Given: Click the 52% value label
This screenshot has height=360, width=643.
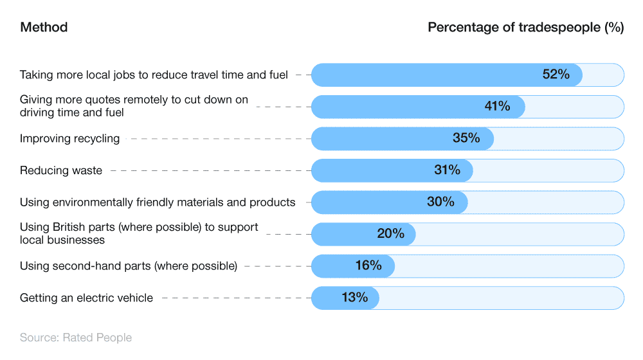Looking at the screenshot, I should coord(556,75).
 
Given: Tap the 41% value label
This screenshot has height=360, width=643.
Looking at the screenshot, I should coord(497,106).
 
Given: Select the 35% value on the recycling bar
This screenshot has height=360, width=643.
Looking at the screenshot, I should coord(466,138).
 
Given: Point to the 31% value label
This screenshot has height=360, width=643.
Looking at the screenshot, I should coord(447,170).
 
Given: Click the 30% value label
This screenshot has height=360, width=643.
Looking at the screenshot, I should coord(440,202).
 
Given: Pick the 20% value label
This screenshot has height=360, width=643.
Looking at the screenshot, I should coord(390,234).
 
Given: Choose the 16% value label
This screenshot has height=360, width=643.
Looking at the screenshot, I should coord(368,265).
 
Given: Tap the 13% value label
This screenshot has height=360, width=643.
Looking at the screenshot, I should coord(354,298).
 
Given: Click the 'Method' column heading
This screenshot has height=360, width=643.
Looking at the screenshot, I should coord(44,27).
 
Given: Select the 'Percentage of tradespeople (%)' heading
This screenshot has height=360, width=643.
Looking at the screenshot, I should coord(525,27).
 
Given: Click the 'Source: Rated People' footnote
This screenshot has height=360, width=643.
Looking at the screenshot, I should coord(76,337).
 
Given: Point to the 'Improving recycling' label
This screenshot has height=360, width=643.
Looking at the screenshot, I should coord(69,138).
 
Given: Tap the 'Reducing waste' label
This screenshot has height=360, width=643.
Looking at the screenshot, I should coord(61,170).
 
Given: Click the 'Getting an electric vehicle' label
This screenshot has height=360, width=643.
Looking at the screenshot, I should coord(86,298).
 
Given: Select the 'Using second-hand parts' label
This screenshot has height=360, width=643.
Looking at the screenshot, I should coord(129,265).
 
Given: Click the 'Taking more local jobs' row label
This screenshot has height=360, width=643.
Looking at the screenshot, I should coord(154,75).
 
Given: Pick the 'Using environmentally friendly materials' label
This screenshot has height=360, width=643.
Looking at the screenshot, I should coord(158,202).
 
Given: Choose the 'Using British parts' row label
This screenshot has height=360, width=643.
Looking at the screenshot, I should coord(139,233).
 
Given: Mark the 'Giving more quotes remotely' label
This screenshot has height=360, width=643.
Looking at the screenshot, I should coord(134,106).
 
